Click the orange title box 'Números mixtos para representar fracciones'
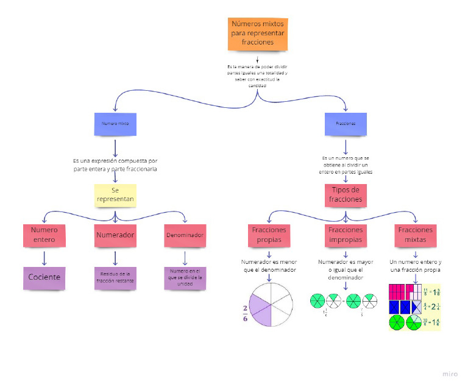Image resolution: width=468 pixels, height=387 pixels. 257,34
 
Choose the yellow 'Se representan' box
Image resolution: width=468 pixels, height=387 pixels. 115,195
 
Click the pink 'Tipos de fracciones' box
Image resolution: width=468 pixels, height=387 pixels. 346,194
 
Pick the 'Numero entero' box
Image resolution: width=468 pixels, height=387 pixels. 44,235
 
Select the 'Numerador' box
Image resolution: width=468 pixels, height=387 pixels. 115,235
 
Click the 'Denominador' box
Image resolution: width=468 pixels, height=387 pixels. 185,235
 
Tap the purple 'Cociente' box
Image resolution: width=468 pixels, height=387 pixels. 44,277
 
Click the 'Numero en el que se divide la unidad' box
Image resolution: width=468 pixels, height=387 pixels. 185,277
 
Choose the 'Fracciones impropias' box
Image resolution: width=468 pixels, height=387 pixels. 346,235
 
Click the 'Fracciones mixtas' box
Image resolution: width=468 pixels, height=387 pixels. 415,235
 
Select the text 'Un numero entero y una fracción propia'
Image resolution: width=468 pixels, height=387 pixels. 415,266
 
